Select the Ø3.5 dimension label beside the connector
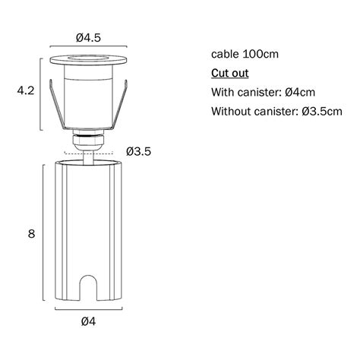click(x=139, y=151)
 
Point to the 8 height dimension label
click(x=31, y=234)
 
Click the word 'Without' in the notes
click(x=231, y=112)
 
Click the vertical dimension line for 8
click(x=42, y=234)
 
